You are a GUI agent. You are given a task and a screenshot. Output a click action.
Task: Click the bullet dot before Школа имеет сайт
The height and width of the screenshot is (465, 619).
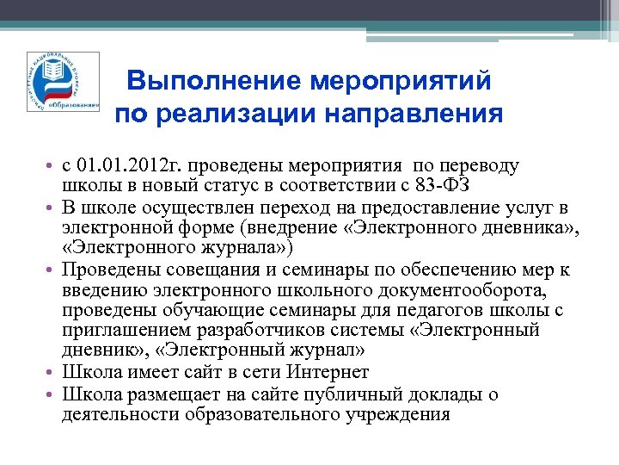(53, 373)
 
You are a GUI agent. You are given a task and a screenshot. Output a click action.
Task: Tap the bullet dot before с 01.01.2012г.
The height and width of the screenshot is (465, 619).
(53, 165)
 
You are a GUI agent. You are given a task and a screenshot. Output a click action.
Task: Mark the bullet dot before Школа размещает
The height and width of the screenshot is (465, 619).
(53, 394)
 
